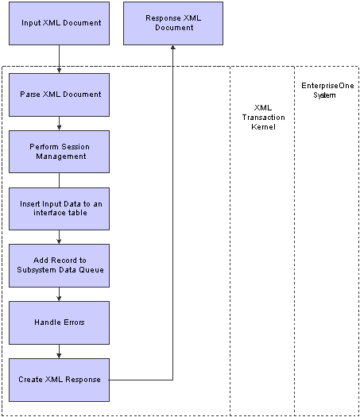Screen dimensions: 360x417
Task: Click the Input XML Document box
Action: click(59, 23)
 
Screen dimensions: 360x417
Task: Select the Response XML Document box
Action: click(173, 23)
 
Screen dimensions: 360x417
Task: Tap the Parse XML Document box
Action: click(59, 95)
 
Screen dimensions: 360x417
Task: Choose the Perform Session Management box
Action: click(59, 152)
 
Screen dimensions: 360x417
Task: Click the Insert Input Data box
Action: click(59, 209)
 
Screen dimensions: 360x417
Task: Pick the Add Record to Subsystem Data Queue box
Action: click(59, 265)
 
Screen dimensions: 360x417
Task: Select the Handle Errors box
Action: click(59, 322)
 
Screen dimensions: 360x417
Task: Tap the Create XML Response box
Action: click(59, 380)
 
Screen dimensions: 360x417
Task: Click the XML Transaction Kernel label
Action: click(263, 118)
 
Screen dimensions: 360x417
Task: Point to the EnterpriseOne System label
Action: click(327, 91)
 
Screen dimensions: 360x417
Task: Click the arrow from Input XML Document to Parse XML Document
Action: click(59, 60)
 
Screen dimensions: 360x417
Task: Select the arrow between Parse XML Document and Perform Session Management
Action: click(59, 123)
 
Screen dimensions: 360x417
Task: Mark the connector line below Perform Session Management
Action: click(59, 180)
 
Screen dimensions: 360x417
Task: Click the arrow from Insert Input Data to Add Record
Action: click(59, 237)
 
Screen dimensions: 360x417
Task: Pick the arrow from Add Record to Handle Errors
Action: click(59, 294)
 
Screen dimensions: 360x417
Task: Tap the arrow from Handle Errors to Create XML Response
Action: click(59, 351)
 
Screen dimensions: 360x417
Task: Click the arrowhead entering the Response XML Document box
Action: click(173, 47)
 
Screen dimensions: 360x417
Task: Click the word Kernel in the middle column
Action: click(263, 127)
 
